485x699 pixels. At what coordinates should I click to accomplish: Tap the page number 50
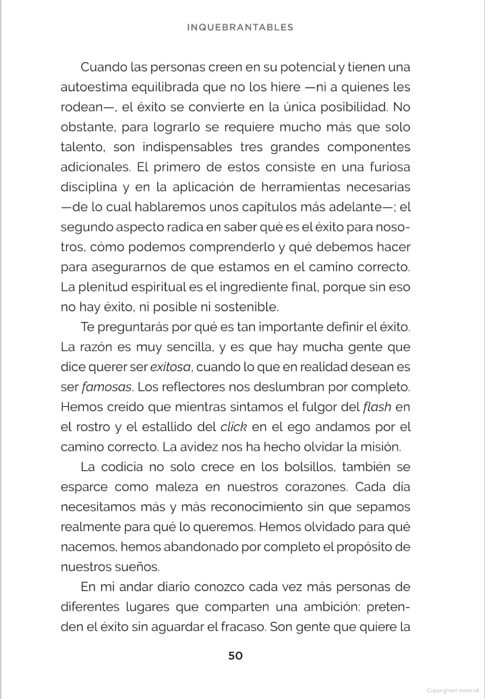pos(235,655)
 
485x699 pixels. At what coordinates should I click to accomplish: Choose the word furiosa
pos(385,167)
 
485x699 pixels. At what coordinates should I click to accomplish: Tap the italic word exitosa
pos(171,367)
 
